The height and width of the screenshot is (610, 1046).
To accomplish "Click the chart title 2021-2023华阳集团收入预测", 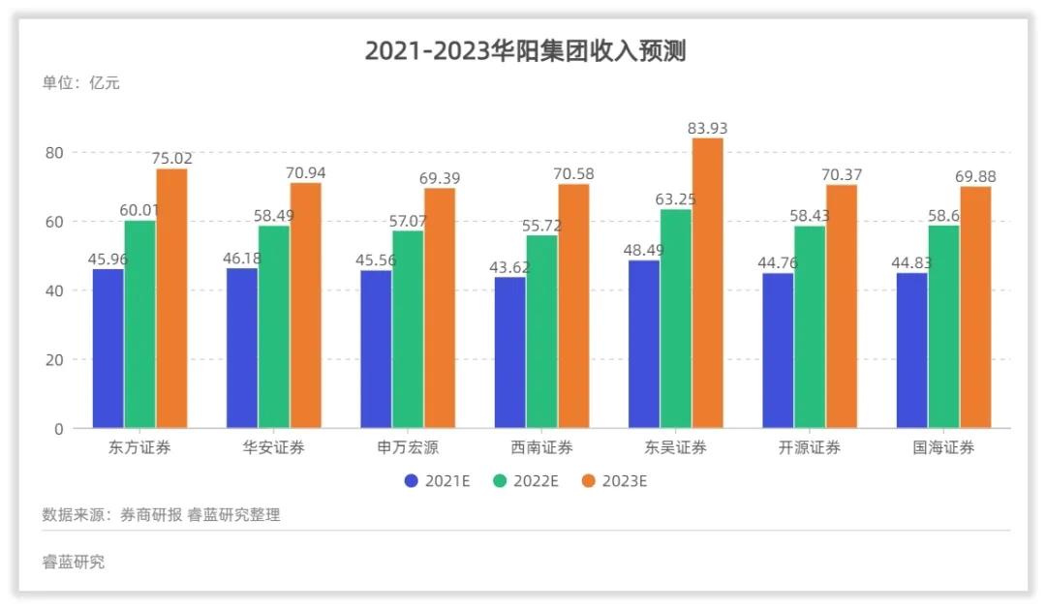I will [525, 50].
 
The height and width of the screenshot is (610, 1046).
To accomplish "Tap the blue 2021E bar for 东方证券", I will [108, 349].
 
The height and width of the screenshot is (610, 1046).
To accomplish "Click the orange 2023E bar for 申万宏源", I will [440, 308].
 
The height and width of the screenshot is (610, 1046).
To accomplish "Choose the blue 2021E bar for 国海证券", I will [911, 351].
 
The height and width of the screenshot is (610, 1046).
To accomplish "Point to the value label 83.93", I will [707, 128].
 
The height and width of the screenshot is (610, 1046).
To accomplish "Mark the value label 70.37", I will [841, 174].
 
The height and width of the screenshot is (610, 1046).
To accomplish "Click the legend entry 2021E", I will [437, 480].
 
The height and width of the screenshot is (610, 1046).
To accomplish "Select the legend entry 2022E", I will [525, 480].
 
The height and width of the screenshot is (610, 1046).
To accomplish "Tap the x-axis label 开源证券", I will [809, 447].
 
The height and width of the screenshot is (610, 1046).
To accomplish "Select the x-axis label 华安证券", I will [274, 447].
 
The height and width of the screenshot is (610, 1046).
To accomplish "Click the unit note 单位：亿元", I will [80, 83].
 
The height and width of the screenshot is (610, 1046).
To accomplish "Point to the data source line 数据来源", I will [161, 514].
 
